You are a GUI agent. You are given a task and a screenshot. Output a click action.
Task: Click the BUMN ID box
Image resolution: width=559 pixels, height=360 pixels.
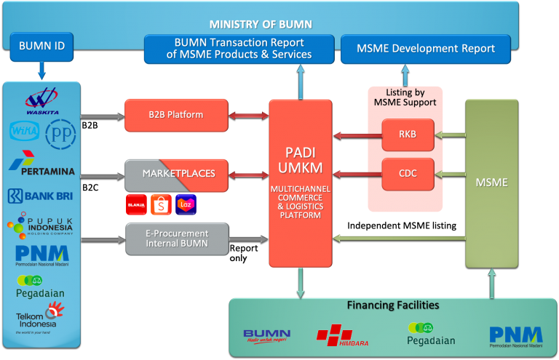pos(41,46)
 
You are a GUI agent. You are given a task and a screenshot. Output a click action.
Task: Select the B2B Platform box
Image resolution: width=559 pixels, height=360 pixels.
pos(176,115)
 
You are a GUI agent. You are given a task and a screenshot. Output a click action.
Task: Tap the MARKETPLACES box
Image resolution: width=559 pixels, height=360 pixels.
pos(176,175)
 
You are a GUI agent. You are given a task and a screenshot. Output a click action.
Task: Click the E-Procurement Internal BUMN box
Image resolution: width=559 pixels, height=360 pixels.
pos(176,239)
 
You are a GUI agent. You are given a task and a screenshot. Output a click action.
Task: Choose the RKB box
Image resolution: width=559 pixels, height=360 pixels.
pos(408,135)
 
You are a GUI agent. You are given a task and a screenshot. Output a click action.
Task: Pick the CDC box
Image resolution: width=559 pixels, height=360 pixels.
pos(408,174)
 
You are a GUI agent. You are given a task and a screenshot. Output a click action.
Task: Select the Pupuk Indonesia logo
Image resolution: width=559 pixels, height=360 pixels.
pos(42,225)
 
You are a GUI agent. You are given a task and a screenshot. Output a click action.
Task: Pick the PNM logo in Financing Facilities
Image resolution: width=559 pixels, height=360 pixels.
pos(515,336)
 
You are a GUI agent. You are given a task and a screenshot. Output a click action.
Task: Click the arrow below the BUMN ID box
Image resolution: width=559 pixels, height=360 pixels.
pos(41,71)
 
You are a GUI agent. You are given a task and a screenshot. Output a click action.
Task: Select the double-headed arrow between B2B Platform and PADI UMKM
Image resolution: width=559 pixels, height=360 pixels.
pos(248,115)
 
